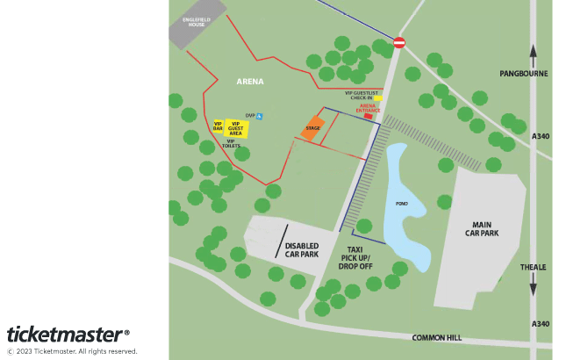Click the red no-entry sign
coord(399,42)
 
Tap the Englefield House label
coord(195,22)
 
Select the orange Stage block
coord(312,130)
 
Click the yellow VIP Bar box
coord(219,127)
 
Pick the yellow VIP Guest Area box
coord(235,128)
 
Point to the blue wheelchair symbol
coord(260,116)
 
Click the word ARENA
coord(250,82)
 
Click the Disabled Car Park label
coord(302,249)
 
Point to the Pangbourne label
coord(523,73)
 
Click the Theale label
coord(533,267)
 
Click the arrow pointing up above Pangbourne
coord(533,50)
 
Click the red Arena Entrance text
coord(369,109)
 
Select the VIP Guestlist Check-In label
coord(361,95)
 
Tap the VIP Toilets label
coord(231,144)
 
